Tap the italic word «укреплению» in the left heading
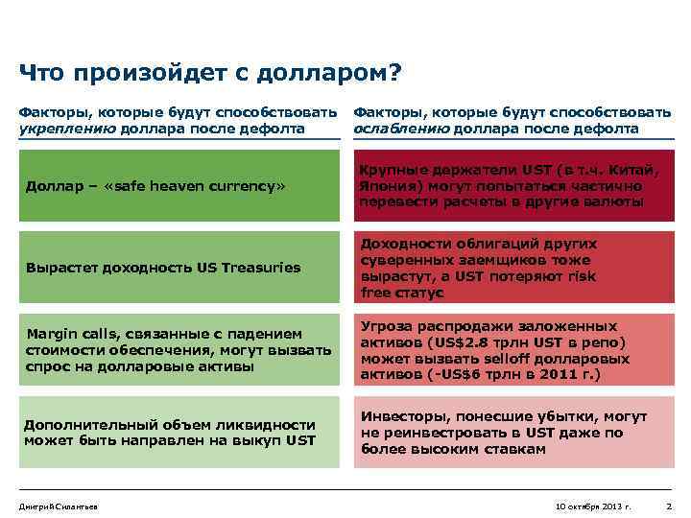pyautogui.click(x=67, y=129)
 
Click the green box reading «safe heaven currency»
pyautogui.click(x=179, y=185)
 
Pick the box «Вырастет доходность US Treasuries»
pyautogui.click(x=179, y=268)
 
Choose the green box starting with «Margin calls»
pyautogui.click(x=179, y=349)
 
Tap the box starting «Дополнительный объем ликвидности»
pyautogui.click(x=179, y=432)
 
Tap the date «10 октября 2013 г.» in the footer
pyautogui.click(x=593, y=506)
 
